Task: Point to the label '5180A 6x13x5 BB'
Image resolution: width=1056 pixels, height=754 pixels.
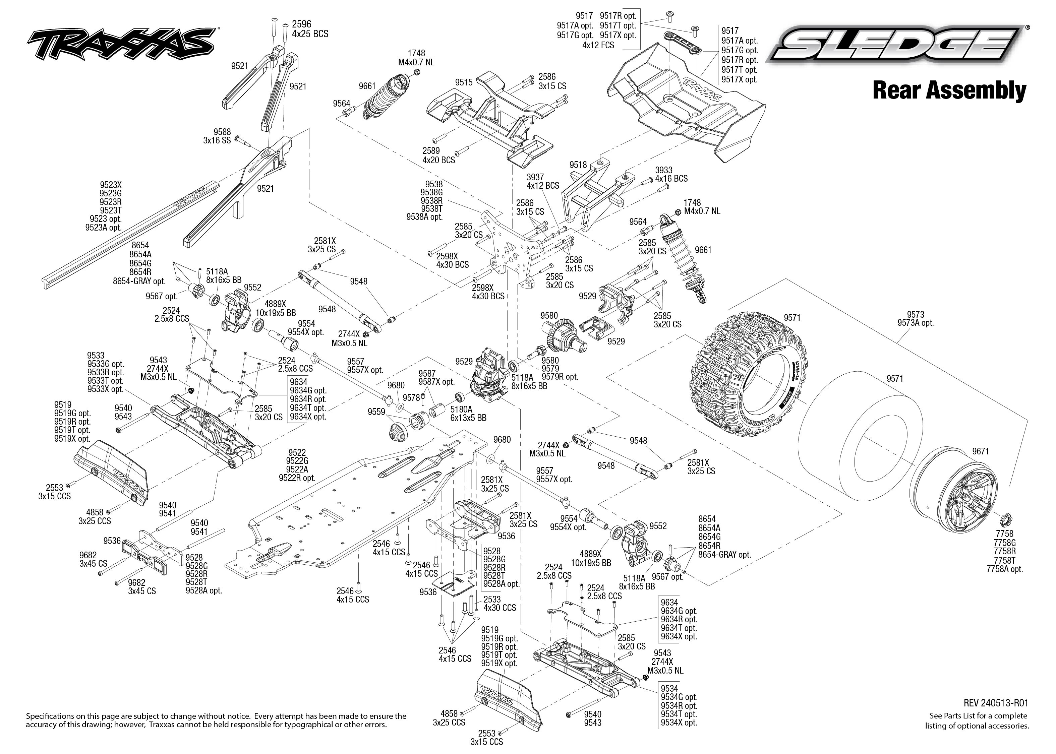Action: point(468,413)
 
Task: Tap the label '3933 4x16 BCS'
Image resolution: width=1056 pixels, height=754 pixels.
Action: point(671,174)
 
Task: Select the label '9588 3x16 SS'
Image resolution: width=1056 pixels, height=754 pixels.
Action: point(217,136)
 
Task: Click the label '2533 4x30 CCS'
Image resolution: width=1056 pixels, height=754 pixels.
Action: point(499,604)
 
